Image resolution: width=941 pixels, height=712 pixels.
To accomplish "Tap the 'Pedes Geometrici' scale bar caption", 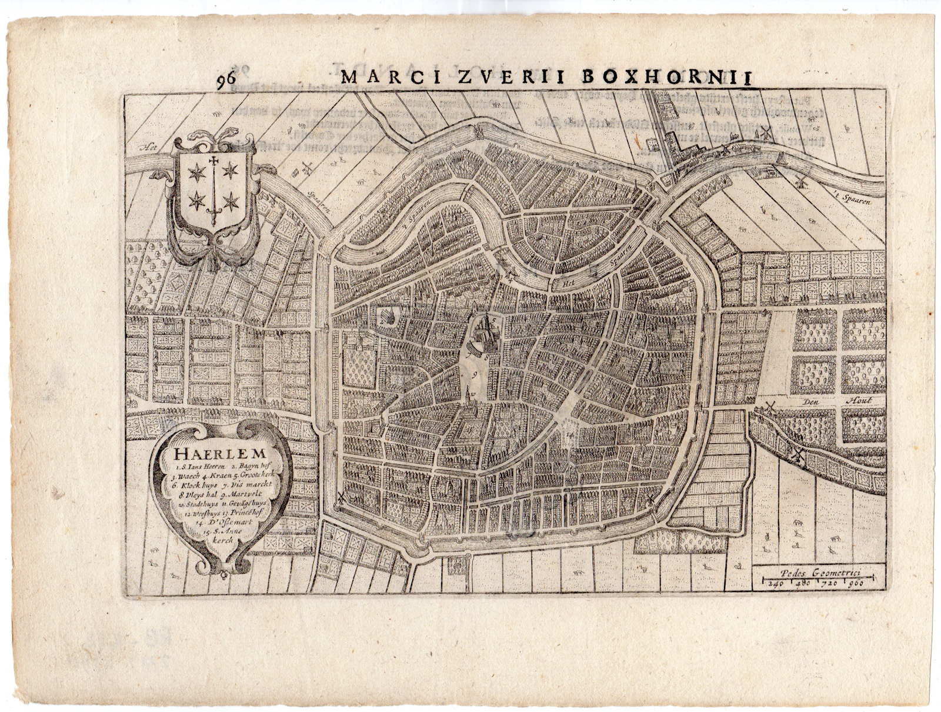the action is pyautogui.click(x=819, y=570).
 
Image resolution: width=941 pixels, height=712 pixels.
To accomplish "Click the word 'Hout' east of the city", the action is pyautogui.click(x=859, y=401).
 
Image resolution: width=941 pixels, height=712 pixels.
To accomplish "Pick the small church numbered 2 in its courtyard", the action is pyautogui.click(x=386, y=318).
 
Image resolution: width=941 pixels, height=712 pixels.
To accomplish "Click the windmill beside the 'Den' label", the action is pyautogui.click(x=771, y=407).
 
